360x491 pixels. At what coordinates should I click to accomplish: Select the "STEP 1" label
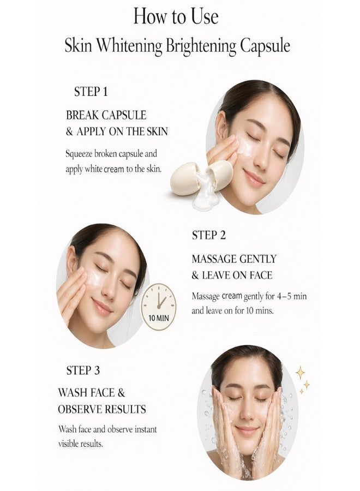91,92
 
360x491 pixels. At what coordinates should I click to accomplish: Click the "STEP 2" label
208,236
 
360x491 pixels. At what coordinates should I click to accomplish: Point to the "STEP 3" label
83,370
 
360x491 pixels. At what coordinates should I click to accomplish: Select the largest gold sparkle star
300,373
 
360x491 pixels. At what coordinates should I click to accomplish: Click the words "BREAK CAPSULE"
106,115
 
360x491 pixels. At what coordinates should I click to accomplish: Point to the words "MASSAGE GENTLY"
234,259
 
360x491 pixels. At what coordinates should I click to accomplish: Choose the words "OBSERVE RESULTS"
102,409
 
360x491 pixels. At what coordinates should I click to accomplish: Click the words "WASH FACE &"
92,392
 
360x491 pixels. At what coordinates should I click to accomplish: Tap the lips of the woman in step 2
101,307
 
